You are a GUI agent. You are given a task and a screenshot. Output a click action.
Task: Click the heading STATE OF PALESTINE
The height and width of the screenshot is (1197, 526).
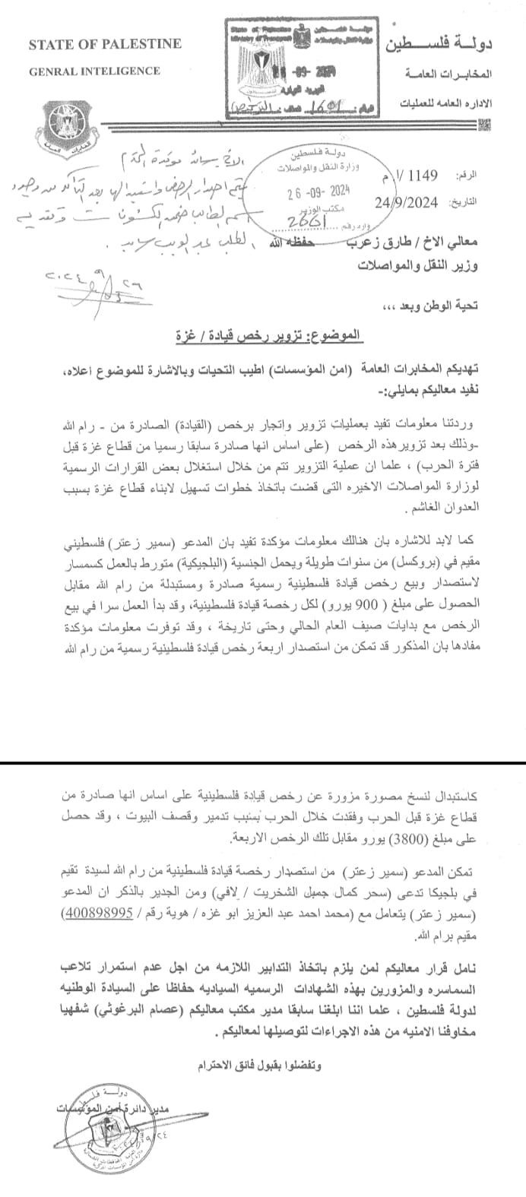[x=105, y=44]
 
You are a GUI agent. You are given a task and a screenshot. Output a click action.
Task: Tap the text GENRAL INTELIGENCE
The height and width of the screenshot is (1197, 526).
[x=94, y=71]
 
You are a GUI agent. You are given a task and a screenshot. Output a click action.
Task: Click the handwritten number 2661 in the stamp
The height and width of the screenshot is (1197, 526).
[x=304, y=220]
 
